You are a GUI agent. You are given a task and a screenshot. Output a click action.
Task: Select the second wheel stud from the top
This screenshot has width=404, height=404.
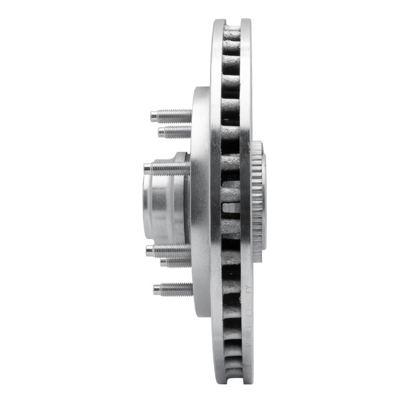pos(174,132)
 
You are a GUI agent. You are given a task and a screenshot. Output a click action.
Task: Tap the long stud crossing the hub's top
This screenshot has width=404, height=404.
pos(167,168)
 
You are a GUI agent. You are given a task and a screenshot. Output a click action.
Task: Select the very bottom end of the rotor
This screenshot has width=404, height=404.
pos(232,382)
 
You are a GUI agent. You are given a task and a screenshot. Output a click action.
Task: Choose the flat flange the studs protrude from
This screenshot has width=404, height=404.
pos(200,202)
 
